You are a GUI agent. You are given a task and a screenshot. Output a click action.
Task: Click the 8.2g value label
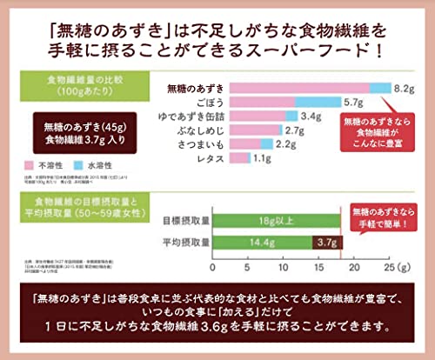405,89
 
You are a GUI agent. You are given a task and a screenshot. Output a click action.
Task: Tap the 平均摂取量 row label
183,242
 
